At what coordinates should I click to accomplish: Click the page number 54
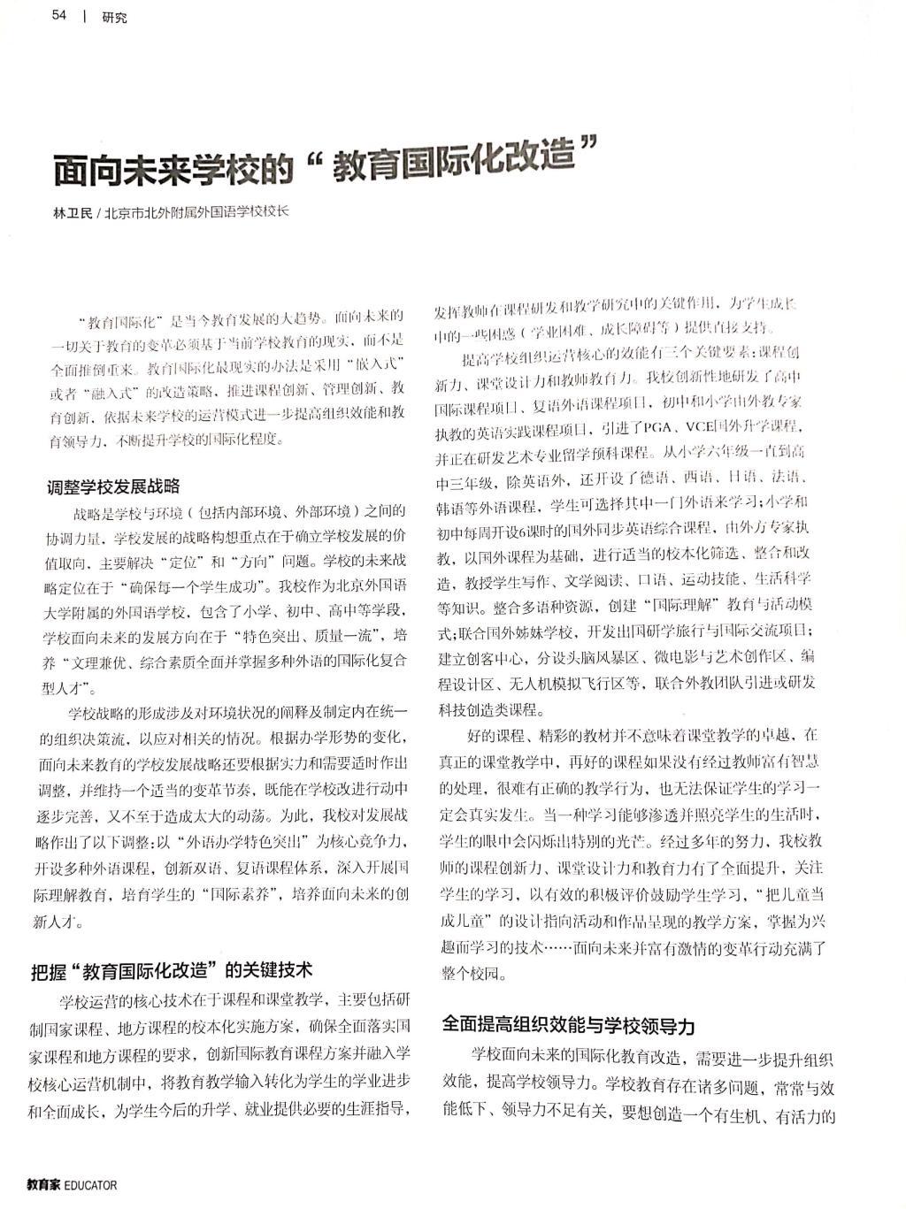60,15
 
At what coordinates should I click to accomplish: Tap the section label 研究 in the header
114,17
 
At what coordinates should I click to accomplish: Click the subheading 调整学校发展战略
113,486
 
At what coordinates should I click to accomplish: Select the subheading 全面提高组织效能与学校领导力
569,1025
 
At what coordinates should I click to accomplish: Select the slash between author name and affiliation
98,213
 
